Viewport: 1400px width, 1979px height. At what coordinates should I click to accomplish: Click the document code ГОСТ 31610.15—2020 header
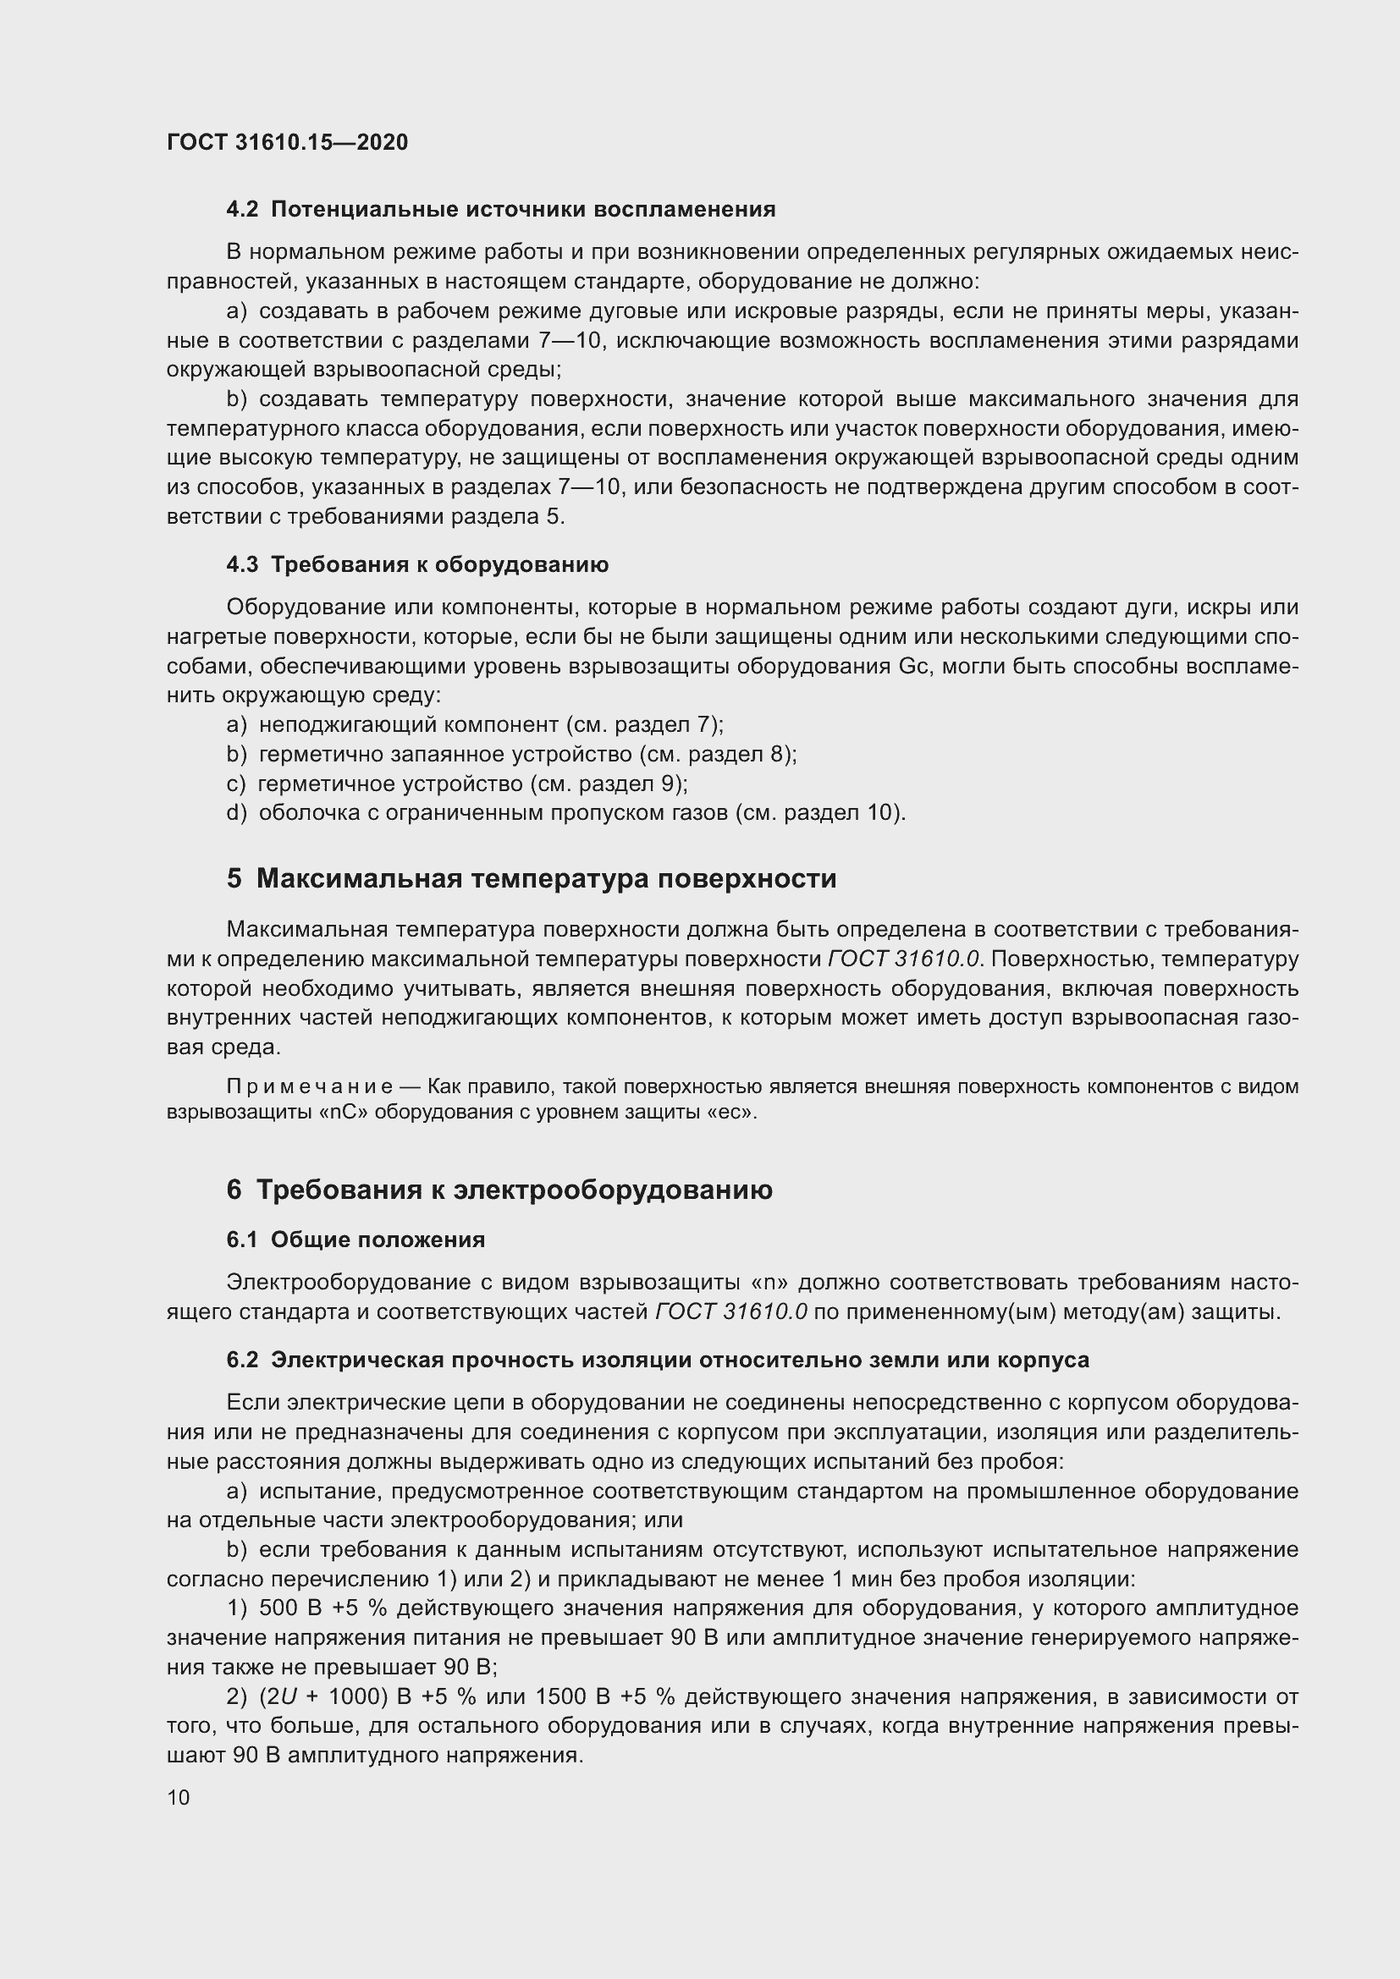[287, 142]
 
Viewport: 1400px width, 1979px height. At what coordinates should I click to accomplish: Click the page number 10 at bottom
[179, 1797]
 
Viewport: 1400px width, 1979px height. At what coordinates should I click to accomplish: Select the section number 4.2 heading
[242, 210]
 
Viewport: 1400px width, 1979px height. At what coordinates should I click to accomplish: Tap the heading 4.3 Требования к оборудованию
[417, 564]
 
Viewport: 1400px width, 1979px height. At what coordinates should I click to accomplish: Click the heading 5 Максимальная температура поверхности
[531, 878]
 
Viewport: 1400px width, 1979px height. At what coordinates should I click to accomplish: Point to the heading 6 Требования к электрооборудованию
[499, 1190]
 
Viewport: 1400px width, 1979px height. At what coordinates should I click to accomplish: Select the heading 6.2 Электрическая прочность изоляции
[657, 1360]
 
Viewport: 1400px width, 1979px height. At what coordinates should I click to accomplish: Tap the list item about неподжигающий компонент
[474, 724]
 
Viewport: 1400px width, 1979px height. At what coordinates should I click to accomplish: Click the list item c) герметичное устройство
[457, 783]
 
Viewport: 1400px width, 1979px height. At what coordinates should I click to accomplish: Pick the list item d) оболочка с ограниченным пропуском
[565, 813]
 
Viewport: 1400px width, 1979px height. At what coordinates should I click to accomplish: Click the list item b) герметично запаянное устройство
[511, 754]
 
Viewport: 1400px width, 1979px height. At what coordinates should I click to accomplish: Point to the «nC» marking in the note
[344, 1112]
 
